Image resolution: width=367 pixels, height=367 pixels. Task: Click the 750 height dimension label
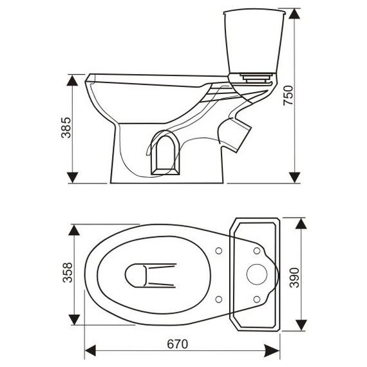click(x=288, y=95)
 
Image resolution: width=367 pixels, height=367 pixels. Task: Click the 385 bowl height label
click(x=66, y=127)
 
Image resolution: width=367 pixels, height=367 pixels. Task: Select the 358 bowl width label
click(x=68, y=272)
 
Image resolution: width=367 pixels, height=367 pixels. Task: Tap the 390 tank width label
click(x=294, y=278)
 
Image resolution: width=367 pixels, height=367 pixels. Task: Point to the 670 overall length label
click(x=178, y=344)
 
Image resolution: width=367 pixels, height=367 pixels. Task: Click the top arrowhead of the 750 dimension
click(x=294, y=14)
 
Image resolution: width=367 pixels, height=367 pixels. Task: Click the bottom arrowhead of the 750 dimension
click(x=294, y=178)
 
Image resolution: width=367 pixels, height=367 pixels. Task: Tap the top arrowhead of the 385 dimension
click(x=72, y=80)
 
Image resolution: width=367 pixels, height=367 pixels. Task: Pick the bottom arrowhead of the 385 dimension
click(x=72, y=178)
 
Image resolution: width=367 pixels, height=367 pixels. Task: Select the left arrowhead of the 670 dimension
click(x=90, y=351)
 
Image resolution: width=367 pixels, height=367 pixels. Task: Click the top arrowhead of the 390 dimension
click(x=301, y=223)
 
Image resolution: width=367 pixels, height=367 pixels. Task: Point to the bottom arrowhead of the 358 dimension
click(x=74, y=320)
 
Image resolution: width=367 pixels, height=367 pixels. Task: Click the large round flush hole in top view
click(x=257, y=274)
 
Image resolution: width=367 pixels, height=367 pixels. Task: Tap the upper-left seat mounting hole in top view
click(x=219, y=251)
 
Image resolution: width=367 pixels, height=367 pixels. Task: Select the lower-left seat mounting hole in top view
click(x=219, y=299)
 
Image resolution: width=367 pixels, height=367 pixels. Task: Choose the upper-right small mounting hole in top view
click(x=257, y=251)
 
